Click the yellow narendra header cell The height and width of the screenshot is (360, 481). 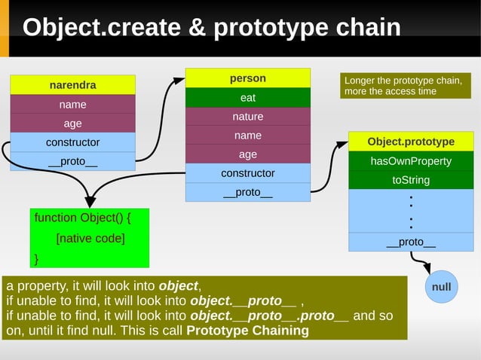[72, 85]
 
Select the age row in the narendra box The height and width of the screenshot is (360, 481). [72, 124]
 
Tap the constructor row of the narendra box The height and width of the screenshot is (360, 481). [72, 142]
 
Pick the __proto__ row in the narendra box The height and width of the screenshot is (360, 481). [72, 161]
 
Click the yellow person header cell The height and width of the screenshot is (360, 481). [247, 78]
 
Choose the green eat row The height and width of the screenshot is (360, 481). [247, 98]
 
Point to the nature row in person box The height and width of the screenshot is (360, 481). [247, 117]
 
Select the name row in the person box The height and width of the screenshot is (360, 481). [247, 136]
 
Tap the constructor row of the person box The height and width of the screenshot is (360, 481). [247, 173]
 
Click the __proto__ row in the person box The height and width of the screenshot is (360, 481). [247, 192]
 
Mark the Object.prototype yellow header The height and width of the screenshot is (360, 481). [411, 142]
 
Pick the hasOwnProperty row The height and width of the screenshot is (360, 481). [411, 161]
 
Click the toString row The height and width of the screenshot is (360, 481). [411, 180]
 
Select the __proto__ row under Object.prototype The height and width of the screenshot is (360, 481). [411, 242]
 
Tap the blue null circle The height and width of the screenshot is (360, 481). [441, 287]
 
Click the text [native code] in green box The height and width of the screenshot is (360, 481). [90, 239]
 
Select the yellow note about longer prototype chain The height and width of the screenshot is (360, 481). [406, 86]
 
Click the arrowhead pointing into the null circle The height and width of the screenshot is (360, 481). [426, 269]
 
